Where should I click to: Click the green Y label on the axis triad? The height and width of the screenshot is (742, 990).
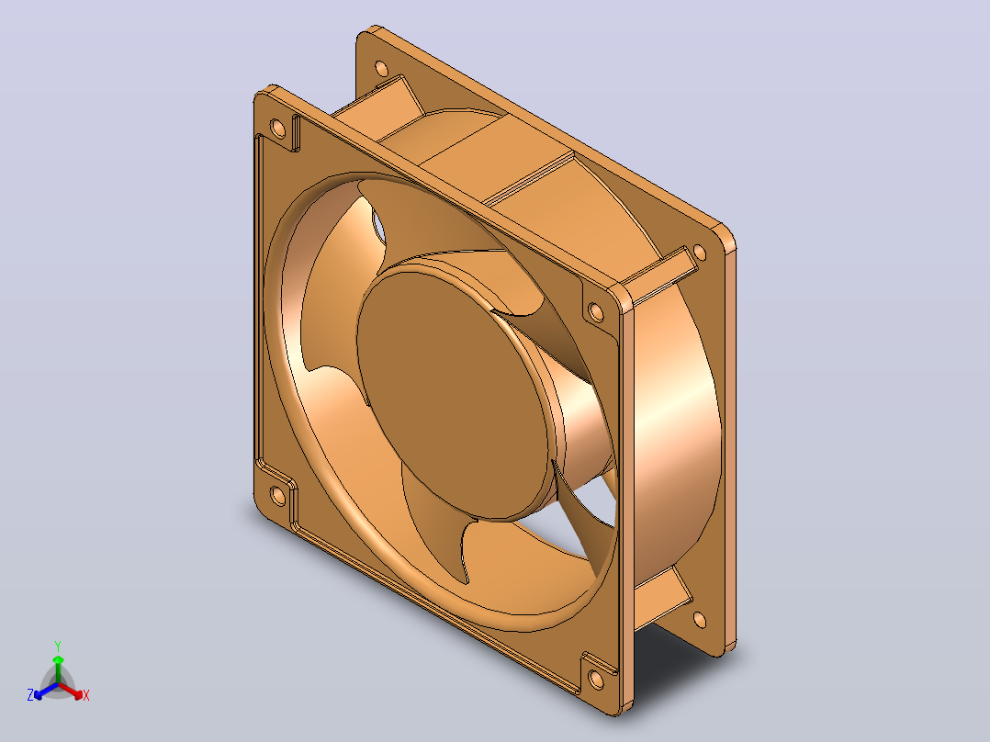click(x=58, y=646)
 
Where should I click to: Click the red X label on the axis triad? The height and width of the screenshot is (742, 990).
click(x=86, y=695)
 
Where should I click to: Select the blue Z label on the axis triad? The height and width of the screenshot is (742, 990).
click(x=30, y=694)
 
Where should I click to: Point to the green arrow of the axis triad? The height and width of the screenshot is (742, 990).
click(x=58, y=669)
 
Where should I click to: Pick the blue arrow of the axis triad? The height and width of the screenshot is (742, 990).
click(x=46, y=691)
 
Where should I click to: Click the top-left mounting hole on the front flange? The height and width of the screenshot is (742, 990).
click(x=277, y=129)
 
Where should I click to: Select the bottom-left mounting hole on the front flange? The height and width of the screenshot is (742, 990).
click(x=277, y=496)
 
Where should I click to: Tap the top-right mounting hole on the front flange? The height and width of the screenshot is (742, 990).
click(x=595, y=311)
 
